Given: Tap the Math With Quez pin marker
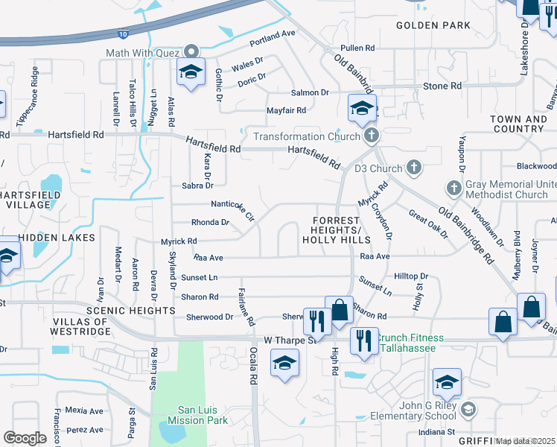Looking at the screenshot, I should tap(192, 51).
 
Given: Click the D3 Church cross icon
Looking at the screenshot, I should tap(414, 168).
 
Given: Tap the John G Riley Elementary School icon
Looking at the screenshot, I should tap(468, 408).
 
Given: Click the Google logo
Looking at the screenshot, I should tap(25, 438).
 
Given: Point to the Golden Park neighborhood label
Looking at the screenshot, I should tap(433, 25).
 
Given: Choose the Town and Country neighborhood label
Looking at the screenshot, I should tap(518, 124).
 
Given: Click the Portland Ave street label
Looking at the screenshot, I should tap(273, 35).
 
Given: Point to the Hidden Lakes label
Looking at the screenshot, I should tap(57, 237).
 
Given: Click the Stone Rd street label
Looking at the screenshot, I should tap(442, 86).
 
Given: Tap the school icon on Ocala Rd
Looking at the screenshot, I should tap(284, 364).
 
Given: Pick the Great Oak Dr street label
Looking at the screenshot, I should tap(428, 223).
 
